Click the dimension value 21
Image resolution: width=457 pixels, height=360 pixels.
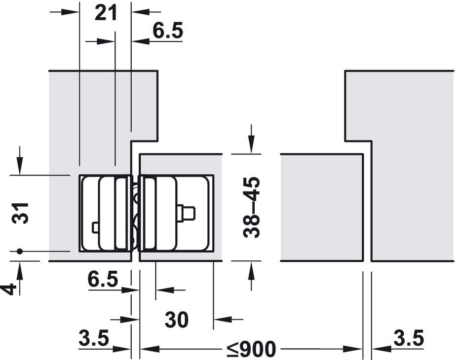(x=106, y=13)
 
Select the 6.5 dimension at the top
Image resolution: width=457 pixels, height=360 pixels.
(x=168, y=31)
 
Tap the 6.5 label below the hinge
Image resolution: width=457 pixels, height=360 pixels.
(x=103, y=279)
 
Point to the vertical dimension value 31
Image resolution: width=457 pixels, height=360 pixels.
(x=20, y=213)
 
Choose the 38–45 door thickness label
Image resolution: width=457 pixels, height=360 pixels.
(x=251, y=207)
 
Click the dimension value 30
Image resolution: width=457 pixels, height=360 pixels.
(x=177, y=320)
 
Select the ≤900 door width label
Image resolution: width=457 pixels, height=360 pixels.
(x=251, y=349)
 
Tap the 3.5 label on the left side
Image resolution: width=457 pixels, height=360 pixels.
(x=94, y=338)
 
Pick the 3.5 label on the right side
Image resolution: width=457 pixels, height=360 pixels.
(x=409, y=338)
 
